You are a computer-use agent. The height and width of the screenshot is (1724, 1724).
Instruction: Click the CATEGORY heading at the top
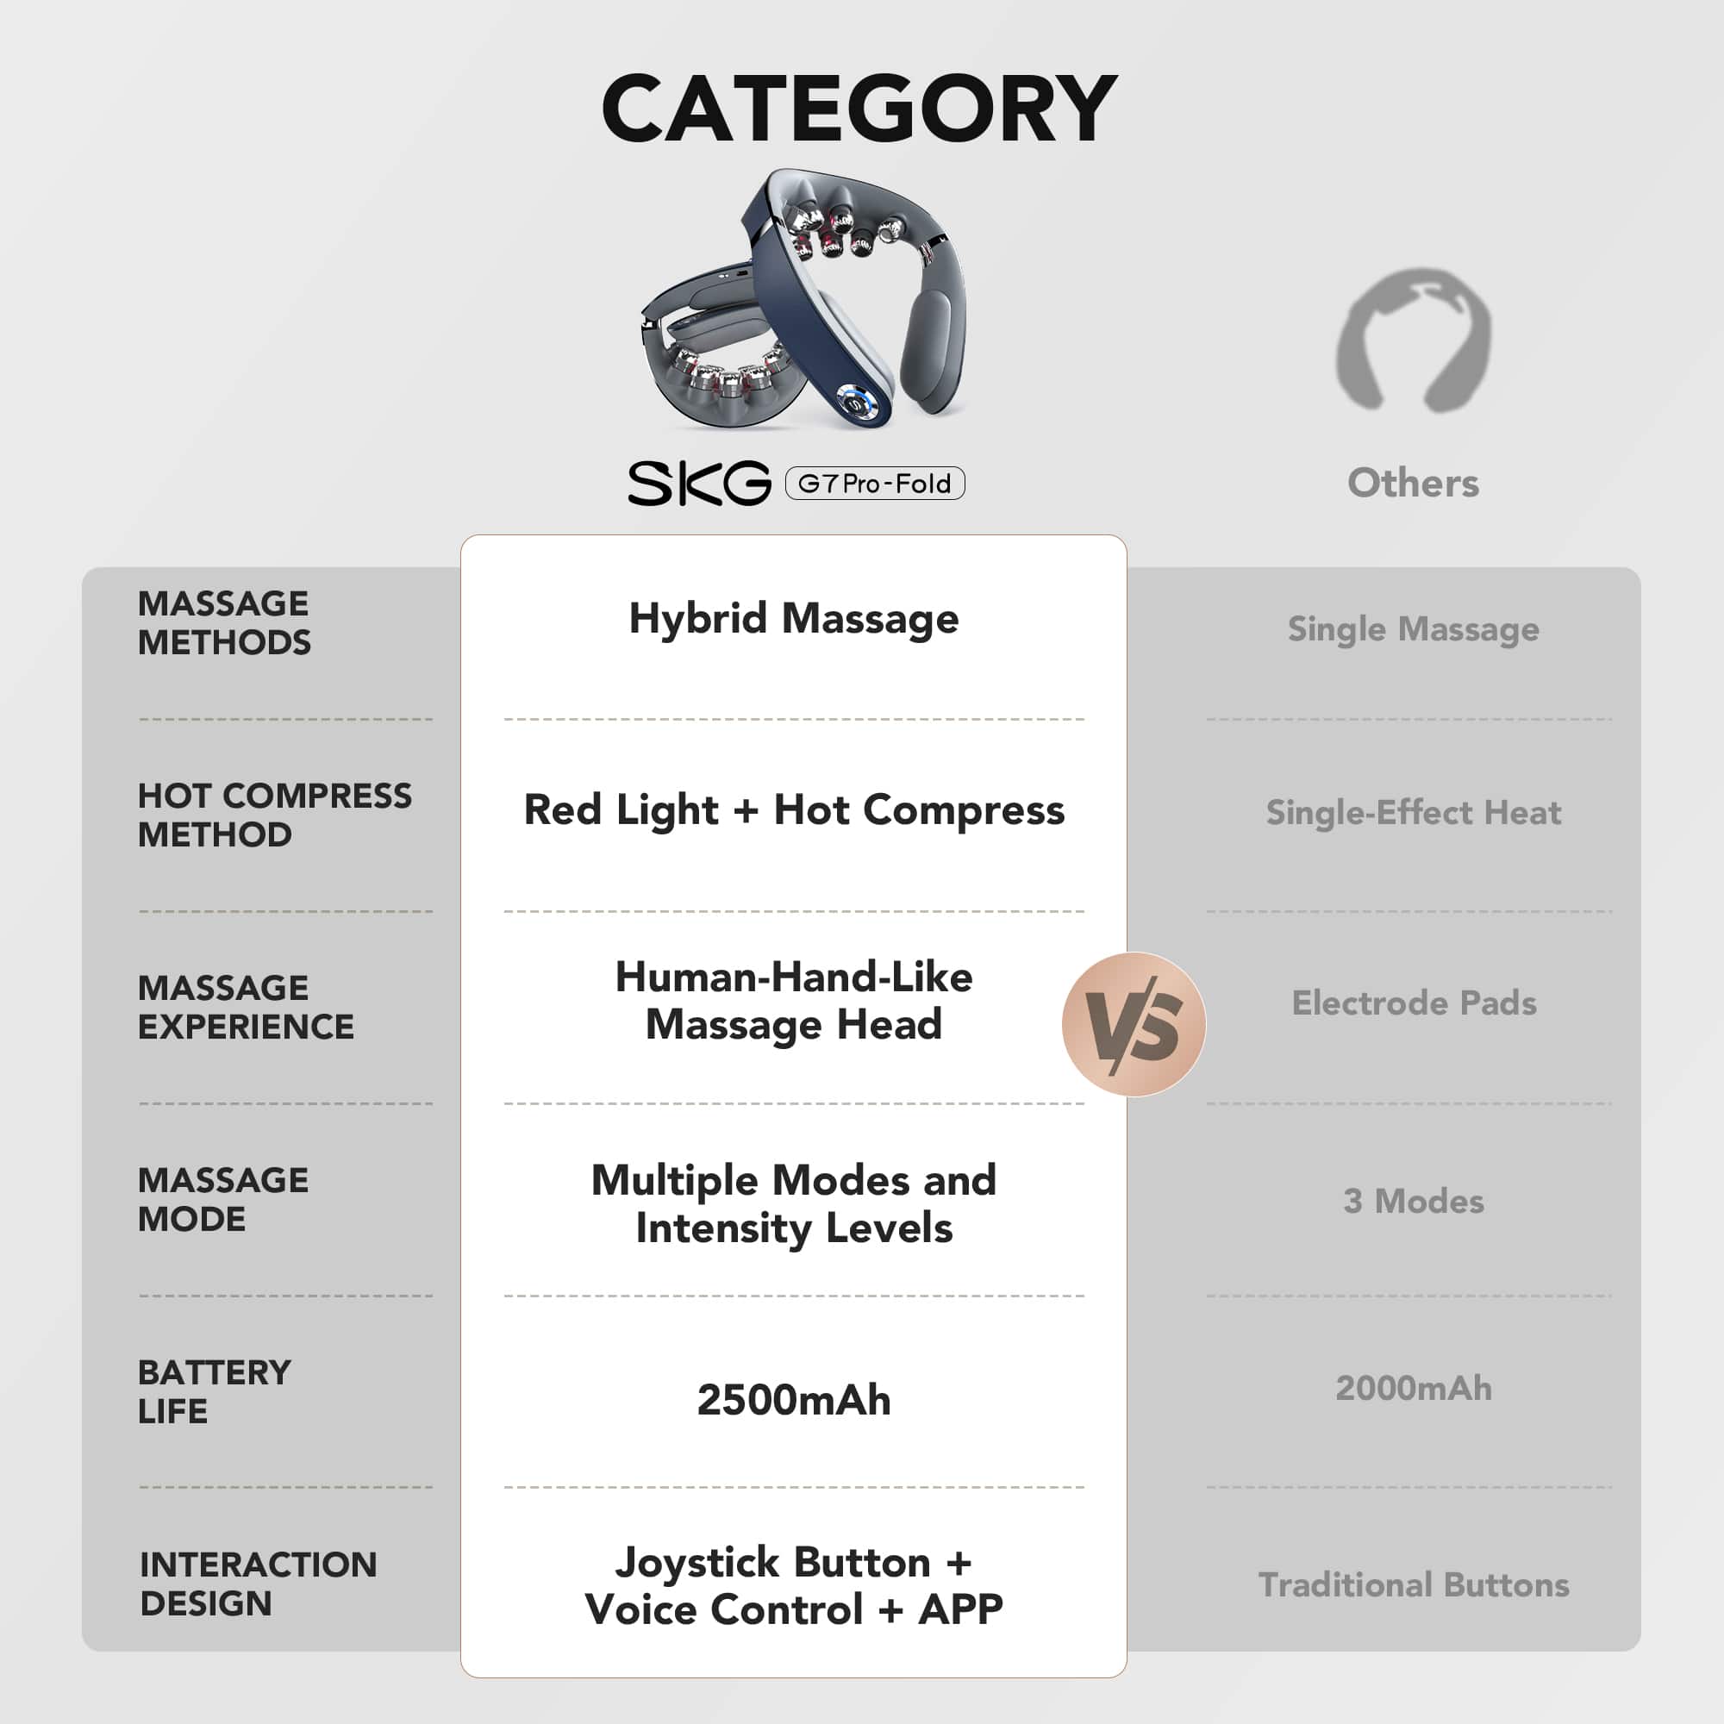coord(859,109)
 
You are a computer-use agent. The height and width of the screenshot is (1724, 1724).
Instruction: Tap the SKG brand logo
coord(699,484)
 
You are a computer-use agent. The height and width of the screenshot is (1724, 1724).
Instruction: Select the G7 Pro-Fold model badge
coord(874,484)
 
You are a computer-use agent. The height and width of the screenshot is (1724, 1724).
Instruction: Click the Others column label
coord(1413,483)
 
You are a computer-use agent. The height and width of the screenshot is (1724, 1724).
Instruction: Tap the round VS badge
coord(1134,1023)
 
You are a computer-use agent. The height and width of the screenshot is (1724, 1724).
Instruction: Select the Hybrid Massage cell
coord(793,618)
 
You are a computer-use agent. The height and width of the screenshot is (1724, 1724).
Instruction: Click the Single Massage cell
coord(1413,629)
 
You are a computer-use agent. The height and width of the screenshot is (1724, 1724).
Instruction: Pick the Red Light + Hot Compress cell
coord(793,810)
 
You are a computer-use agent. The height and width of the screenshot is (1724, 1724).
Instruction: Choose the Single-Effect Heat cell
coord(1413,813)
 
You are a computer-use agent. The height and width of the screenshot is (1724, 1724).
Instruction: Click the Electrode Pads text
coord(1414,1003)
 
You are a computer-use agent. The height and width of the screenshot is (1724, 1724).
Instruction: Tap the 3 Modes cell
coord(1414,1201)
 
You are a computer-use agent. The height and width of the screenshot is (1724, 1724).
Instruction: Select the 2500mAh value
coord(793,1400)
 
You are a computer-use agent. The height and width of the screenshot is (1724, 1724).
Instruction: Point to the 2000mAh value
coord(1414,1389)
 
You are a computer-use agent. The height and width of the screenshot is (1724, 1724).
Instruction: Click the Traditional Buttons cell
coord(1414,1585)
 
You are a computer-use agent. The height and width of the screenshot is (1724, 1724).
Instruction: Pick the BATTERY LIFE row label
coord(214,1392)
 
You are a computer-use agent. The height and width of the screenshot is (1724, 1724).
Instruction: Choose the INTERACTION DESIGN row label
coord(258,1583)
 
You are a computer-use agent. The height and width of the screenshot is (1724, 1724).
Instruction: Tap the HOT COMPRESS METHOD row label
coord(274,815)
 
